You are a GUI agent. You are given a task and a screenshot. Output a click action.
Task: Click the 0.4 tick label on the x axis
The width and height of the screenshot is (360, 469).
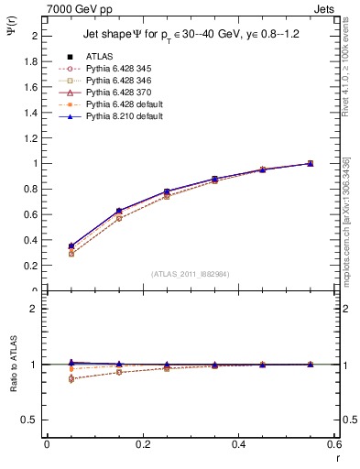(x=238, y=444)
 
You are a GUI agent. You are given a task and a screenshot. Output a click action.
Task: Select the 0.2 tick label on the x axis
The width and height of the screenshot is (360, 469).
(x=142, y=444)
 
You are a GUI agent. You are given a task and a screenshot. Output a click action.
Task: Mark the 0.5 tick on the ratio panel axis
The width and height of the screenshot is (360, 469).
(x=32, y=420)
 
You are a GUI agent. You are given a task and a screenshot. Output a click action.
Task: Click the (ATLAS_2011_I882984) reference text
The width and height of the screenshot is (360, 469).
(x=191, y=275)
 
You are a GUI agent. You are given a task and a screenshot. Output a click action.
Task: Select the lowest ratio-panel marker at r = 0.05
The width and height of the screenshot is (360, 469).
(x=71, y=379)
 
